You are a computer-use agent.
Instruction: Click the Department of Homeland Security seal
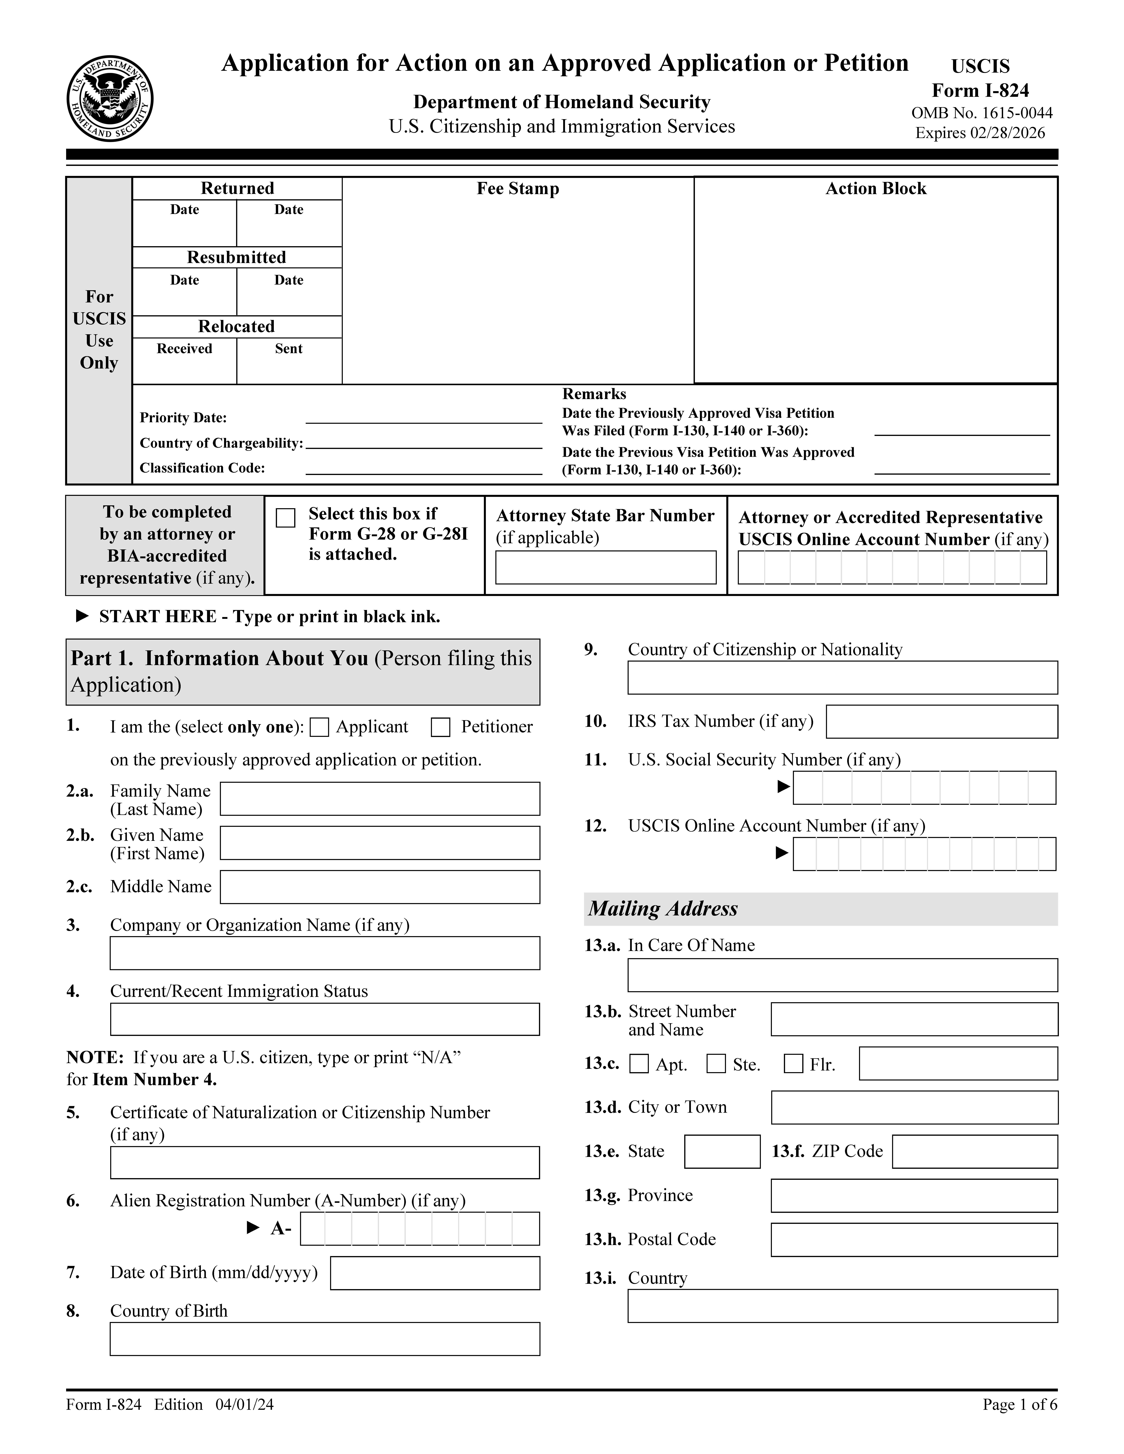point(110,98)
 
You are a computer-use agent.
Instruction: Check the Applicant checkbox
point(320,727)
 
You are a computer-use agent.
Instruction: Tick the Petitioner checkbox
point(440,727)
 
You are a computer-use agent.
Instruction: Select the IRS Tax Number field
point(942,722)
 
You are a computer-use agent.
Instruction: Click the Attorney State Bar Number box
point(605,567)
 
